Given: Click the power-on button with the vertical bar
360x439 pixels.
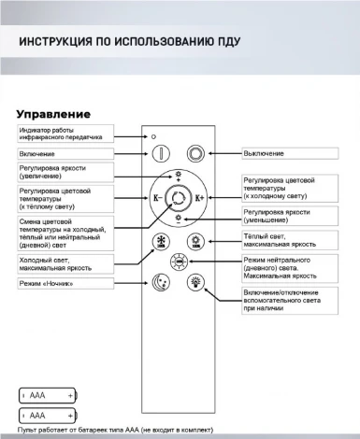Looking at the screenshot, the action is tap(160, 153).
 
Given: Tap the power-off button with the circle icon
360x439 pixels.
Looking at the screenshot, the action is tap(194, 153).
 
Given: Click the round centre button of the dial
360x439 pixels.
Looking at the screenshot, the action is tap(178, 198).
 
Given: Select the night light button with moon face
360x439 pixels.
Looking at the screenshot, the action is tap(160, 281).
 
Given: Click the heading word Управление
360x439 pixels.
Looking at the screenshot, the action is tap(60, 113).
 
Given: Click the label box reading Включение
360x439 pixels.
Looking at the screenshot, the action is tap(65, 153).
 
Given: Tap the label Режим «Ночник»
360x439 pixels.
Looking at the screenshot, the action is tap(65, 282).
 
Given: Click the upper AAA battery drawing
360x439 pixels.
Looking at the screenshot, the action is tap(47, 395).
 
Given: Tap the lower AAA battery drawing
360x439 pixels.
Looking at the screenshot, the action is tap(47, 413).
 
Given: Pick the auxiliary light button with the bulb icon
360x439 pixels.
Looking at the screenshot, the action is tap(194, 281).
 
